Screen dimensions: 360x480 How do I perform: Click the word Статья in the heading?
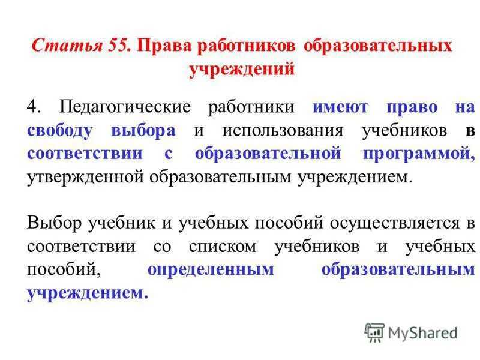pyautogui.click(x=59, y=46)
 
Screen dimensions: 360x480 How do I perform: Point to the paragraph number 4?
pyautogui.click(x=33, y=107)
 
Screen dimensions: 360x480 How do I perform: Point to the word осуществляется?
pyautogui.click(x=388, y=223)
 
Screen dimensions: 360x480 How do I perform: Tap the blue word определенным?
pyautogui.click(x=210, y=269)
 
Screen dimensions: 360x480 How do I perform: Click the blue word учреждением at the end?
pyautogui.click(x=86, y=293)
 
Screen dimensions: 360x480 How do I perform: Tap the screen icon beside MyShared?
pyautogui.click(x=374, y=332)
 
